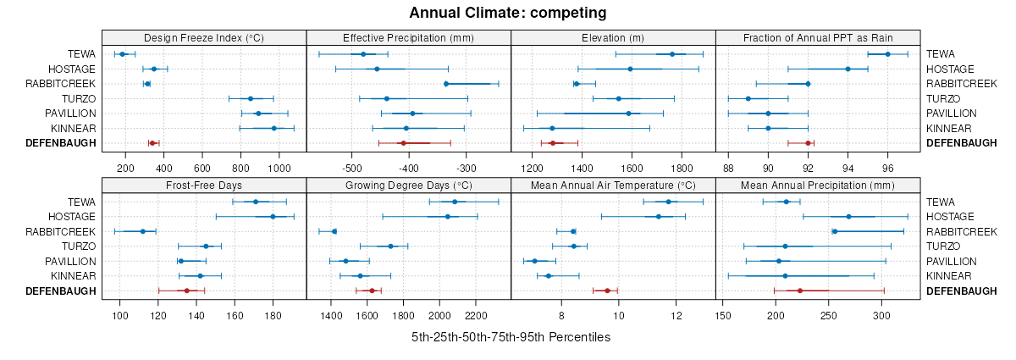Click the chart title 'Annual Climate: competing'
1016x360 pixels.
[507, 13]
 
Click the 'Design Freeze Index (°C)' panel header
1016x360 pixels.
[204, 37]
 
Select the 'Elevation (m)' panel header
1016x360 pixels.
[613, 37]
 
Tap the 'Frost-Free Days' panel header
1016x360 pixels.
[204, 186]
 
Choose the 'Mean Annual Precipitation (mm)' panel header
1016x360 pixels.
[817, 186]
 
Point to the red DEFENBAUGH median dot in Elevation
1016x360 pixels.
[552, 143]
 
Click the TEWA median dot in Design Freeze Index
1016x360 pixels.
[123, 54]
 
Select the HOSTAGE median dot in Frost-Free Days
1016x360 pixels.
[273, 217]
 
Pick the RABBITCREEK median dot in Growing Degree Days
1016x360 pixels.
[334, 231]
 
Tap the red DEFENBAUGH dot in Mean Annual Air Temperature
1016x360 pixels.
[607, 291]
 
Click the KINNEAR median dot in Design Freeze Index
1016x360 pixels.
[273, 128]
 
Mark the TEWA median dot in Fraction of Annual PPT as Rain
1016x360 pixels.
[887, 54]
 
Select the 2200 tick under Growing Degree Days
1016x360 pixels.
[476, 316]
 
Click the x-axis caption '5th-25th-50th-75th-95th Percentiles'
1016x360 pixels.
[511, 337]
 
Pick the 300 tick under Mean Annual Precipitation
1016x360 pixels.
[882, 316]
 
